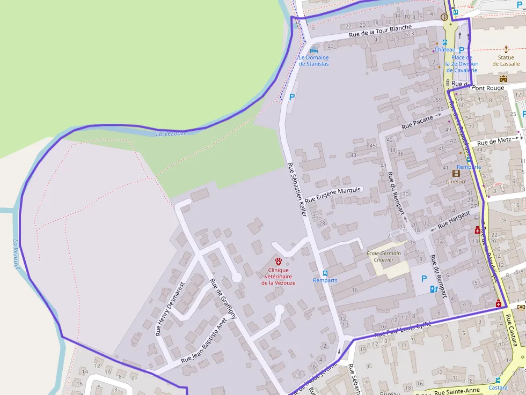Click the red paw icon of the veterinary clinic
pos(278,261)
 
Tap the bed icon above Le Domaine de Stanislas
pos(314,50)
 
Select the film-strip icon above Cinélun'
pos(456,173)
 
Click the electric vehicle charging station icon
pos(433,289)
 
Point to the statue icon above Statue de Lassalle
pos(506,49)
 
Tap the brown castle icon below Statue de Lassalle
pos(503,78)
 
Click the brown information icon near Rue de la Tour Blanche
pos(444,17)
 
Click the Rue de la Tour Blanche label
pos(380,31)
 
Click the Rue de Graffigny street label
pos(223,299)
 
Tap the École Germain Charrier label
pos(384,256)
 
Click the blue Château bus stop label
pos(444,49)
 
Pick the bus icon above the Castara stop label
pos(498,380)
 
